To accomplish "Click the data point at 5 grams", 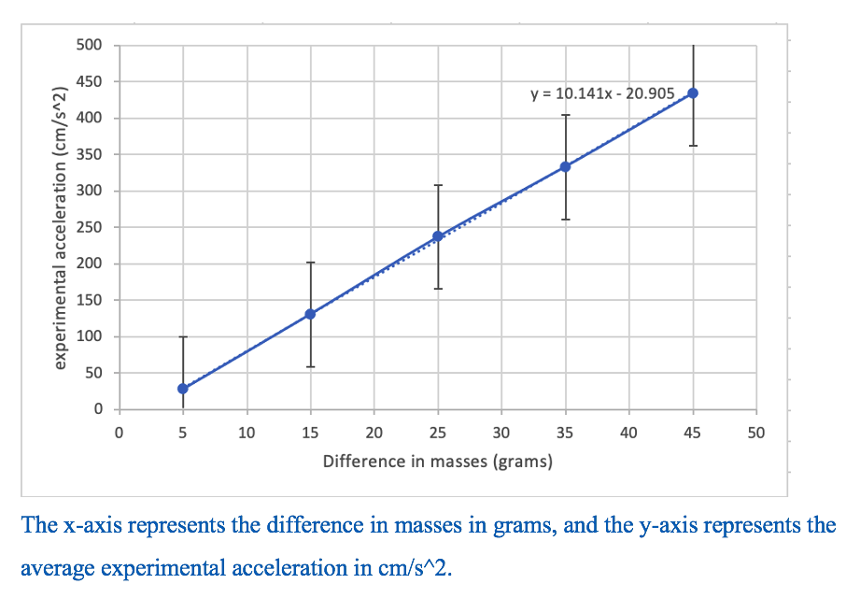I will point(183,389).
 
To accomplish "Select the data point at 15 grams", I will point(310,314).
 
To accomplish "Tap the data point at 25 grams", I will point(438,236).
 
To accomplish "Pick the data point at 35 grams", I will point(565,166).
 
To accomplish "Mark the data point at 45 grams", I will point(693,93).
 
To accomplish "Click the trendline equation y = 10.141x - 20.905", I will point(601,93).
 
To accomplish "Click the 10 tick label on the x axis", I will point(247,433).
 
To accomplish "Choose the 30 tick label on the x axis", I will point(501,433).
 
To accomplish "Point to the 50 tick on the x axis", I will point(756,433).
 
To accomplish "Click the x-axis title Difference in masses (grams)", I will point(437,462).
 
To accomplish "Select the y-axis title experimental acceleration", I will point(62,227).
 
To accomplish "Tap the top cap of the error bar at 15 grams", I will point(310,263).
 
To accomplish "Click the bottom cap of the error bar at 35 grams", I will point(565,220).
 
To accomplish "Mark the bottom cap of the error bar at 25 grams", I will point(438,289).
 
